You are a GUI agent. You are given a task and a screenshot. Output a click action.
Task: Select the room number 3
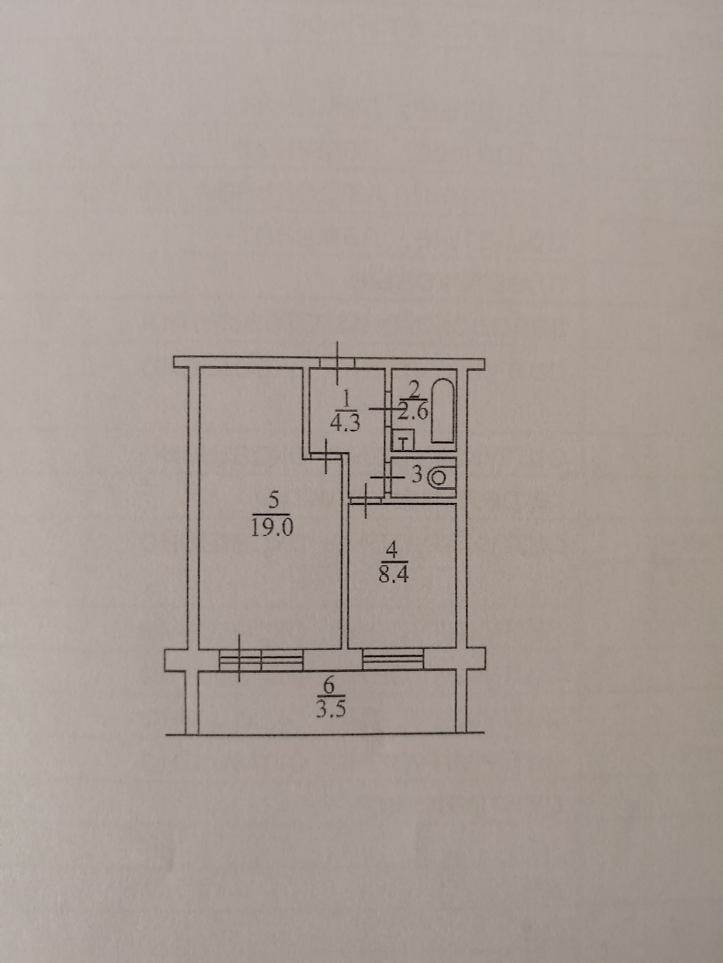[x=417, y=475]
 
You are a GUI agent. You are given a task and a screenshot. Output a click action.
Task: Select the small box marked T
[x=405, y=443]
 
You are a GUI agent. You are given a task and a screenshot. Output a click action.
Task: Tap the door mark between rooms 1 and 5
[x=327, y=455]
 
